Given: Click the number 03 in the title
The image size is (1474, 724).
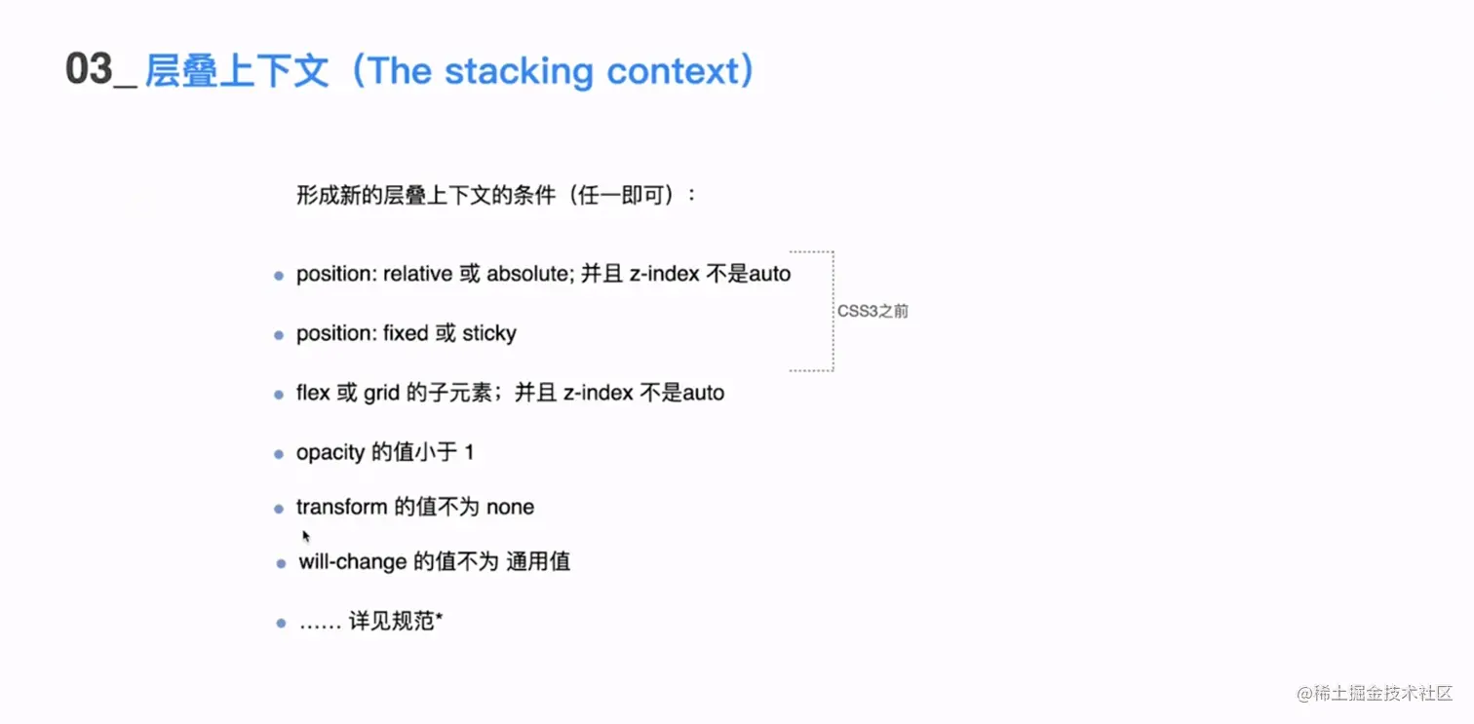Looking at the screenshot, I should pos(89,71).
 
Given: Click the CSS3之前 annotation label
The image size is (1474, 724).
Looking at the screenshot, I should pos(873,312).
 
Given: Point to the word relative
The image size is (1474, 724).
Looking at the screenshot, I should pos(418,275).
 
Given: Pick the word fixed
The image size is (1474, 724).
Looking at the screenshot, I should pos(406,334).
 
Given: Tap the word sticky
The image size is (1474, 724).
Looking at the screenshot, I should pos(489,334).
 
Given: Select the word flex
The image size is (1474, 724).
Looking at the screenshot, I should pos(313,393).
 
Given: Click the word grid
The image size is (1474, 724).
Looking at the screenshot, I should pos(381,393).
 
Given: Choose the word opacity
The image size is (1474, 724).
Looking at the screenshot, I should pos(330,453).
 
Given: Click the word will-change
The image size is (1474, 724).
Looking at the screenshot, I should pos(353,562).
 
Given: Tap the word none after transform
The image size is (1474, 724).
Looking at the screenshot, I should pos(510,508).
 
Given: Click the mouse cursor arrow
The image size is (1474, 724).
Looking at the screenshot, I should pos(306,536).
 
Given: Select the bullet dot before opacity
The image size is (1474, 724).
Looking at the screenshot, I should pos(279,454).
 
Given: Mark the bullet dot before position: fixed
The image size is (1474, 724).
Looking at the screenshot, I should pos(279,335).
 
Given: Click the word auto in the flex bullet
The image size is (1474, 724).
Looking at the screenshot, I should pos(703,393).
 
